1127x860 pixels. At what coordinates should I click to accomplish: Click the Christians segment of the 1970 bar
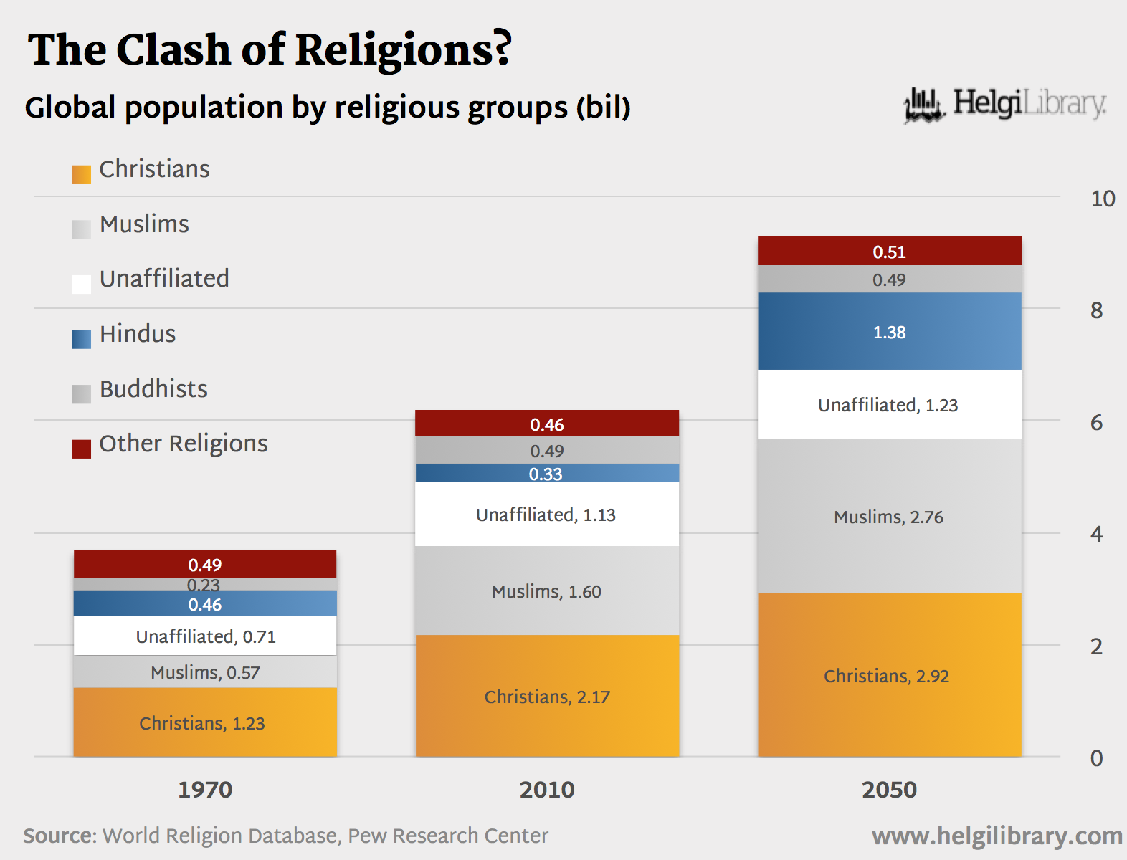coord(204,722)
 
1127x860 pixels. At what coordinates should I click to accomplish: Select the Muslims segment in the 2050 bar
coord(889,516)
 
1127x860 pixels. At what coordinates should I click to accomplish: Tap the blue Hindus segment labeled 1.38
coord(889,332)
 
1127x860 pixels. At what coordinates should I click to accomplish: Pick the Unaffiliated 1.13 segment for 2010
coord(546,515)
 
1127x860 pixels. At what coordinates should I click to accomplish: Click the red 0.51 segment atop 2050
coord(889,252)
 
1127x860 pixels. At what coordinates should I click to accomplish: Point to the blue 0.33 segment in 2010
coord(546,474)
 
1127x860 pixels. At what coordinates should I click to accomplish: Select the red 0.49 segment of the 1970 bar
coord(204,565)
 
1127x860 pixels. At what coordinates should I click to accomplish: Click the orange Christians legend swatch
coord(82,174)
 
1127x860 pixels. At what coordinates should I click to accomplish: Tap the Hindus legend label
coord(138,334)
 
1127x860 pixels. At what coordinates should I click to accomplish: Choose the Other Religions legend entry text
coord(184,444)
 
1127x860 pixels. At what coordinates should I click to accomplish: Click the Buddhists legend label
coord(153,389)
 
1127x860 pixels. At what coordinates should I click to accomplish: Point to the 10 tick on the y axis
coord(1103,199)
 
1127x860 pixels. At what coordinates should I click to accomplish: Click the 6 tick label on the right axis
coord(1096,423)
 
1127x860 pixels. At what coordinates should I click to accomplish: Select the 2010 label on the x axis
coord(547,790)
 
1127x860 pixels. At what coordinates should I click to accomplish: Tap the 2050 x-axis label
coord(889,790)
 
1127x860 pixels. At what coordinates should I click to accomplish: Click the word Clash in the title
coord(173,50)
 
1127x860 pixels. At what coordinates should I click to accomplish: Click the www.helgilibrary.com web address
coord(997,836)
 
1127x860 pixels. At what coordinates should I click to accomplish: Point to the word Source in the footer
coord(59,836)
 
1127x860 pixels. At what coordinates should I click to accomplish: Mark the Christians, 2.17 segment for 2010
coord(546,697)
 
